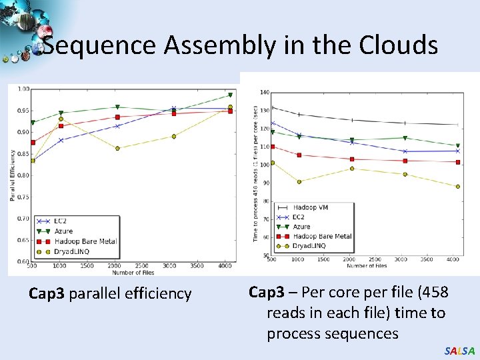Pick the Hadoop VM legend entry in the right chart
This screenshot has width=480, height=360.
click(309, 207)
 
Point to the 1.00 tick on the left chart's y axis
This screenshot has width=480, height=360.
click(23, 89)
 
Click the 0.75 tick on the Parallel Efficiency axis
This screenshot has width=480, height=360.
click(23, 197)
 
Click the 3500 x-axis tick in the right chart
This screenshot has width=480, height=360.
click(427, 259)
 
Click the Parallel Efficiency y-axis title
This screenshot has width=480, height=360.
click(12, 175)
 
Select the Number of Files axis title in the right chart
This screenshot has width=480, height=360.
click(366, 265)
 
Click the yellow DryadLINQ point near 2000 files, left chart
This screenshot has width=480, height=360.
click(117, 148)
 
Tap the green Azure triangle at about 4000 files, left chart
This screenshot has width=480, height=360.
click(230, 95)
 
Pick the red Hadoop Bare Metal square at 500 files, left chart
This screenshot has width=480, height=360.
click(33, 143)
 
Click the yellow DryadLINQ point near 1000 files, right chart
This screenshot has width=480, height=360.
click(299, 181)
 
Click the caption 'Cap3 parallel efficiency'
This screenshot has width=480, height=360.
click(110, 293)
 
